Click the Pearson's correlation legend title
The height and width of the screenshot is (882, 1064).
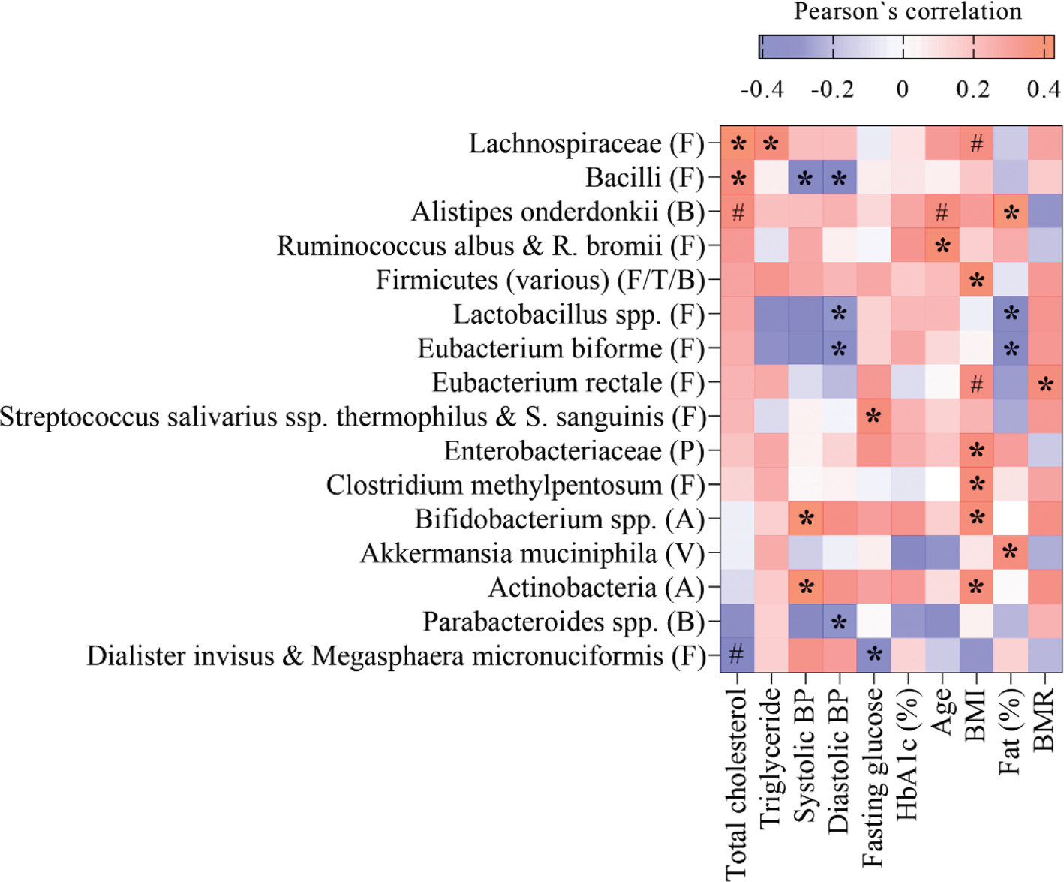click(907, 12)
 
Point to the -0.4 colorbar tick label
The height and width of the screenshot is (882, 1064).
click(762, 89)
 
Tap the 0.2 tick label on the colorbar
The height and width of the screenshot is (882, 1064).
click(973, 89)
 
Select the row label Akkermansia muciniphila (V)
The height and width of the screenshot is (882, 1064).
click(533, 554)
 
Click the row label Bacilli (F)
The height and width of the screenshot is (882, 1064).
click(645, 179)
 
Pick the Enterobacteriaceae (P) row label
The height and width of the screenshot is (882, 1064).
click(574, 451)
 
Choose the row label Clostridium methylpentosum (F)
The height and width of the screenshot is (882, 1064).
click(515, 486)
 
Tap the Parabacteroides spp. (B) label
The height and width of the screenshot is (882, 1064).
click(564, 622)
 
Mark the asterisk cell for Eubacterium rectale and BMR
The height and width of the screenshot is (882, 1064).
click(1045, 384)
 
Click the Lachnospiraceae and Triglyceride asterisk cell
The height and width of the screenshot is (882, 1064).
click(771, 144)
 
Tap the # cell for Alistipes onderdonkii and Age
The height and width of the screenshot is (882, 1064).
click(942, 212)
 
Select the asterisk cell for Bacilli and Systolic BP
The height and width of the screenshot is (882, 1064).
click(806, 179)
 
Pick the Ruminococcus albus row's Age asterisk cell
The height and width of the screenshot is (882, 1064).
click(942, 247)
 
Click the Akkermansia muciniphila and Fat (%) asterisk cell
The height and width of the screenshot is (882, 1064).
click(1011, 552)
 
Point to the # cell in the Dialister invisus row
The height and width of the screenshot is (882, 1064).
click(738, 655)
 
